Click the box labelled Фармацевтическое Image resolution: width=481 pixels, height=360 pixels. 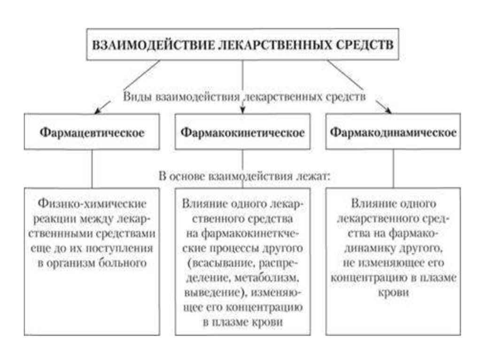click(92, 132)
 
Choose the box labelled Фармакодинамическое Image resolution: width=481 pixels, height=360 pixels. click(393, 132)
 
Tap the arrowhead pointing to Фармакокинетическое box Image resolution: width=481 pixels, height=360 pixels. click(242, 111)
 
